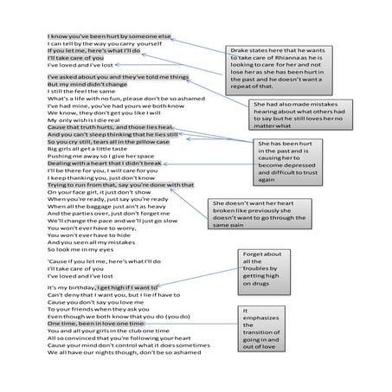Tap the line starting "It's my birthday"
[x=103, y=286]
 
